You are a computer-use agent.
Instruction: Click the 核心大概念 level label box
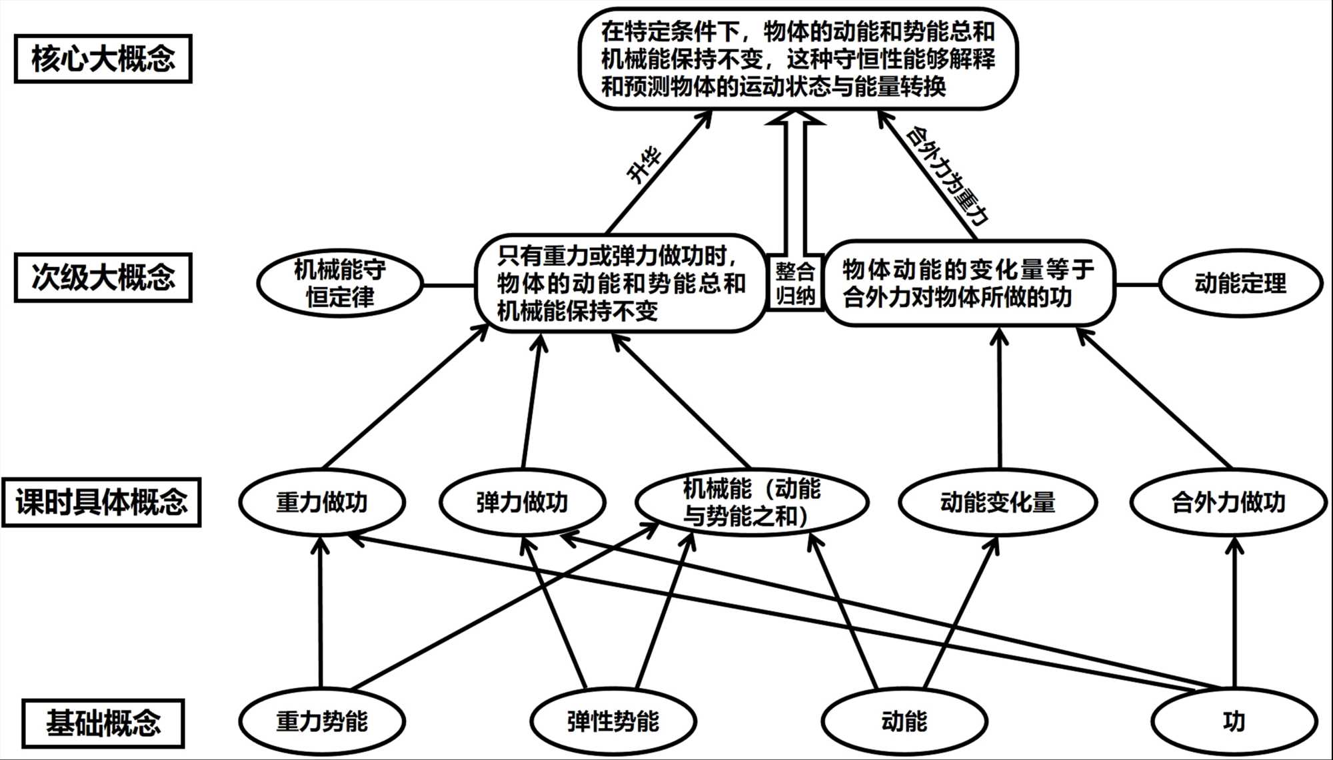[103, 59]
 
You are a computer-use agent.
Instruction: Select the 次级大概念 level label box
[103, 277]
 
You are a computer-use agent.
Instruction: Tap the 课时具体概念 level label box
[101, 502]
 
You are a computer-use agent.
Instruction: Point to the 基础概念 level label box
[103, 723]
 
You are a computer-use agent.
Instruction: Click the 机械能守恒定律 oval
[340, 284]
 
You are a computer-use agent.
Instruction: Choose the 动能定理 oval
[1240, 284]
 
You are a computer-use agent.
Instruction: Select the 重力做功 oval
[322, 502]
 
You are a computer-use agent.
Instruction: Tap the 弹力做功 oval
[522, 502]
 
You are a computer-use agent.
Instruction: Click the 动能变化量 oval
[998, 502]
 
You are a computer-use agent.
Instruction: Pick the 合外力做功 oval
[1228, 502]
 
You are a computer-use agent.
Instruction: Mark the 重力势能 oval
[322, 721]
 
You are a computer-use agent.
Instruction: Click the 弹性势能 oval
[613, 721]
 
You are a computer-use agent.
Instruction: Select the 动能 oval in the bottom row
[904, 721]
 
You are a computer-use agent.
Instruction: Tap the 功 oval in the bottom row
[1234, 721]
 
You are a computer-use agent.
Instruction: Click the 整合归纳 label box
[795, 282]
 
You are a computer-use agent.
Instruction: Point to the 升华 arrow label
[645, 165]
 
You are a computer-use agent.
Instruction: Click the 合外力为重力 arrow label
[946, 175]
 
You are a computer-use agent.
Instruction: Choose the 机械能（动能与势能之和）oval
[752, 502]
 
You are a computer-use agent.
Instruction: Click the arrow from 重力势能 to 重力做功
[321, 613]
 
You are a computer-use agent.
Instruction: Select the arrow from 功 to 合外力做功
[1235, 613]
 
